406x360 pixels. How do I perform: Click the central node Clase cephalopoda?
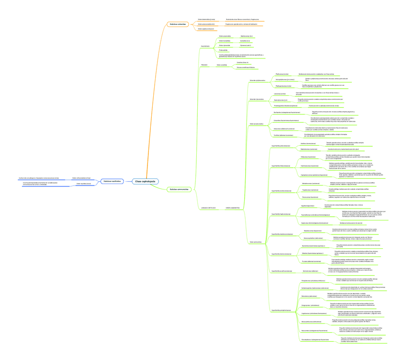click(x=145, y=181)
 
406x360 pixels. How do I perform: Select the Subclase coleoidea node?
click(x=178, y=24)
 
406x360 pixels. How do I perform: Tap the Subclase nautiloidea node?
click(x=112, y=181)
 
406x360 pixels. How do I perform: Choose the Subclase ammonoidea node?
click(x=179, y=189)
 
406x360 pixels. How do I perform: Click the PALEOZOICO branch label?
click(x=205, y=46)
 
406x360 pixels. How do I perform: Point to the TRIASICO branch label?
click(x=204, y=65)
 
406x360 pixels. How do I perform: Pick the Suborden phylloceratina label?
click(x=257, y=80)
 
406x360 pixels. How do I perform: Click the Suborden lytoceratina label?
click(x=256, y=99)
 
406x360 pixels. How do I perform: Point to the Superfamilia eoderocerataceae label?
click(x=281, y=190)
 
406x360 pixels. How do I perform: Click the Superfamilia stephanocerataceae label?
click(x=282, y=234)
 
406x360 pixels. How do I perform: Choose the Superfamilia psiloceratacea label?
click(x=281, y=145)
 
